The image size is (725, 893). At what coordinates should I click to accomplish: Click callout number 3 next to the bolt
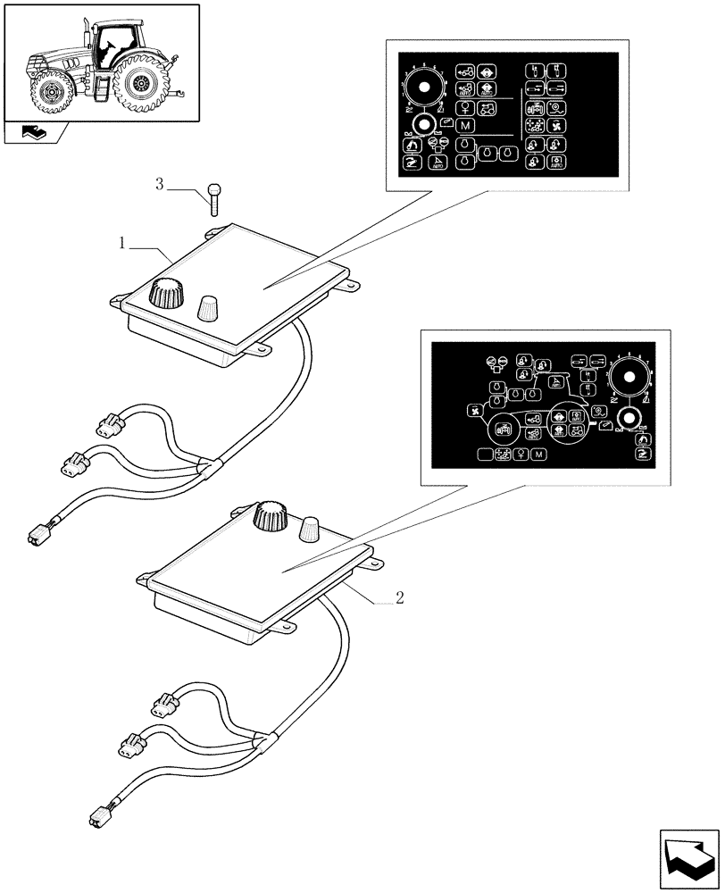[160, 185]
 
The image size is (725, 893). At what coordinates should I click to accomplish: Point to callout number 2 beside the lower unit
[399, 597]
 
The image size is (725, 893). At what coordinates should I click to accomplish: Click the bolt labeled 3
[213, 197]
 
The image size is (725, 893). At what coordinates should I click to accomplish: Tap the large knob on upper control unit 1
[165, 293]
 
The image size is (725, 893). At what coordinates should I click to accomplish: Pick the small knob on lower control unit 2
[312, 529]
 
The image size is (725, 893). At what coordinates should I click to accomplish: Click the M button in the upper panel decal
[465, 124]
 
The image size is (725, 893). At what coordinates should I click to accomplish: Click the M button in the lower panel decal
[538, 455]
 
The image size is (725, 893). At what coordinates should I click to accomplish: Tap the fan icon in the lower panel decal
[475, 412]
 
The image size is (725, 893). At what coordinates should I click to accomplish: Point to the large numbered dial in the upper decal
[425, 88]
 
